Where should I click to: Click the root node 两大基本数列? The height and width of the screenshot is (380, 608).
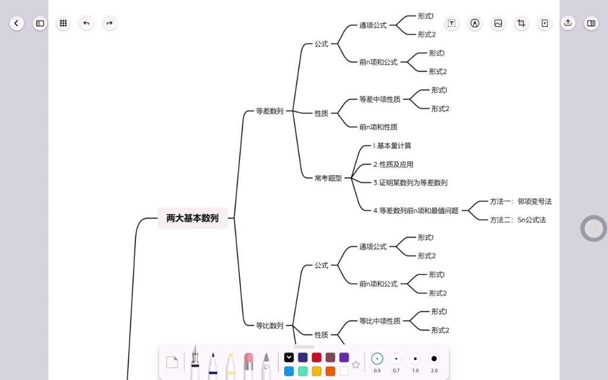(192, 218)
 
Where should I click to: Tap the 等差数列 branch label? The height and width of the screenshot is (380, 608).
(269, 111)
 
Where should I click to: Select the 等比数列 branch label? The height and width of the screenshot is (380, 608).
(269, 325)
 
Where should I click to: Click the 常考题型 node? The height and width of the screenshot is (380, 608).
(328, 178)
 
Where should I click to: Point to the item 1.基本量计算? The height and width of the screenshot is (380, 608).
(392, 145)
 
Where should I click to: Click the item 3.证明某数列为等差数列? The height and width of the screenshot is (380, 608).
(410, 183)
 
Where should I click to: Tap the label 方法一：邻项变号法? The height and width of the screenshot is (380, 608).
(520, 201)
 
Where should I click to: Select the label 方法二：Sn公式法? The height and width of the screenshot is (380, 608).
(517, 220)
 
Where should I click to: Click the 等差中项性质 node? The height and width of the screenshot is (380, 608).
(379, 99)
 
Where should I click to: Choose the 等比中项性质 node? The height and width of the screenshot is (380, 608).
(379, 321)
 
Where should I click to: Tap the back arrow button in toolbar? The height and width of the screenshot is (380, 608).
(17, 23)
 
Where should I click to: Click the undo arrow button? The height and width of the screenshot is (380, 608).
(87, 23)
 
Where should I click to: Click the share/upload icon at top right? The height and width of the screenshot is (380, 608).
(568, 23)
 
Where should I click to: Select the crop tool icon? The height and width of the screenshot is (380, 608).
(521, 23)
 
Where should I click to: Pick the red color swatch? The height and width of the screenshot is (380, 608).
(316, 357)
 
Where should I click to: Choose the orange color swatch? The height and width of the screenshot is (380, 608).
(330, 371)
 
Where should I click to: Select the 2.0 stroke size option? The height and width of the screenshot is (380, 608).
(434, 359)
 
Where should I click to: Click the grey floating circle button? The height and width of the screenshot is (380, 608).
(593, 229)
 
